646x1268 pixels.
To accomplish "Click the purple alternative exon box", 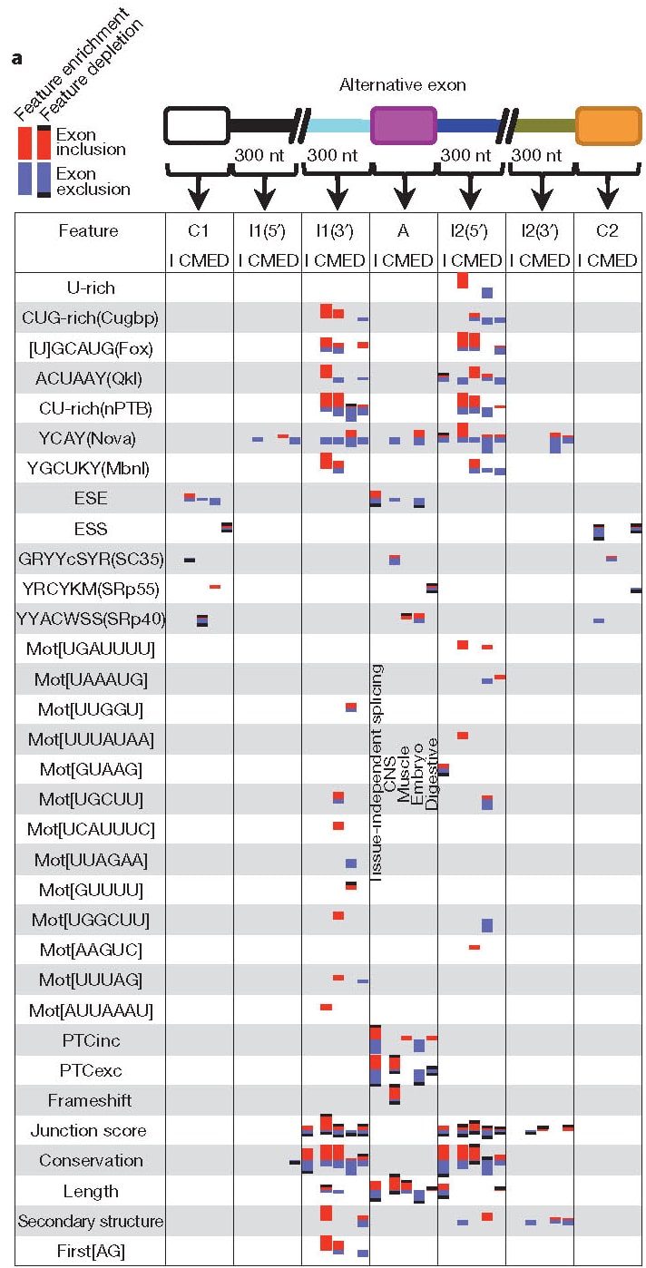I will click(x=404, y=125).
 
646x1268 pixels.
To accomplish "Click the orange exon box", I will click(x=608, y=125).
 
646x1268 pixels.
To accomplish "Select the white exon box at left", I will click(x=196, y=125).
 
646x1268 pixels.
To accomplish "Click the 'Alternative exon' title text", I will click(x=403, y=85).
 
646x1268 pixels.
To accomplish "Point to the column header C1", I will click(x=200, y=231).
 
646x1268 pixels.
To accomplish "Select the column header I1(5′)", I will click(x=268, y=231).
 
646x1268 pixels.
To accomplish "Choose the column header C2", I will click(x=607, y=231).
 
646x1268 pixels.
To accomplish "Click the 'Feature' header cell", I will click(x=88, y=231).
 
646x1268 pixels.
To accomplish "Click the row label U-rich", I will click(x=91, y=288).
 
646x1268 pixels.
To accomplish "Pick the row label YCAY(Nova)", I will click(x=91, y=439).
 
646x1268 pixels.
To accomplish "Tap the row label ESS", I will click(x=91, y=529).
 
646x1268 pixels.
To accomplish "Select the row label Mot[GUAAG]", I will click(x=91, y=769).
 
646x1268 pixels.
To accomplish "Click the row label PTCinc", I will click(x=91, y=1040).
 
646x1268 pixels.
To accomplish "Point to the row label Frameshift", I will click(x=91, y=1100).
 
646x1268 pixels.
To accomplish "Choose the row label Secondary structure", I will click(x=91, y=1221).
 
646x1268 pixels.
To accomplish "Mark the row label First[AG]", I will click(x=91, y=1251).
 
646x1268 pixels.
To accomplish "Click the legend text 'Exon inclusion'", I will click(x=91, y=142).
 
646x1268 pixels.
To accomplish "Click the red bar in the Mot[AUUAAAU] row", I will click(x=326, y=1008).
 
